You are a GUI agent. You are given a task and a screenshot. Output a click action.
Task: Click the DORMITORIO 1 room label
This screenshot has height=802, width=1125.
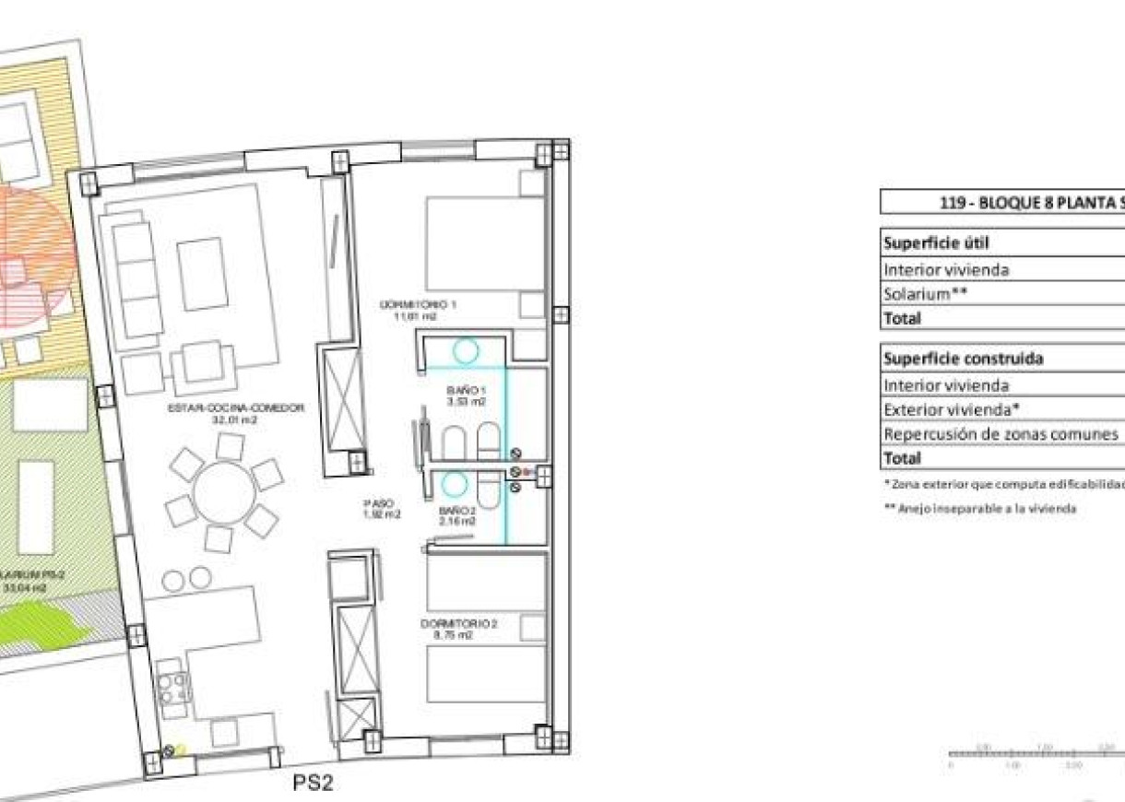(x=413, y=309)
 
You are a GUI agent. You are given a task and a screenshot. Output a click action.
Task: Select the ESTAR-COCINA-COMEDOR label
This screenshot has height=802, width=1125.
(x=235, y=411)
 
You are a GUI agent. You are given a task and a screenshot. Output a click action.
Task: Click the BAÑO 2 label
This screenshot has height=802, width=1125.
(x=458, y=514)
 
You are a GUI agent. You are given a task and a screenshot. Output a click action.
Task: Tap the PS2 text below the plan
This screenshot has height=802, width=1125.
(x=312, y=784)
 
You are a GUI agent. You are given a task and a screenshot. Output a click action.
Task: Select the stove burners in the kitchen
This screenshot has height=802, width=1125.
(x=173, y=687)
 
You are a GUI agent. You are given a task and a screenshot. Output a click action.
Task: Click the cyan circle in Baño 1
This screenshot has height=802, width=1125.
(x=465, y=350)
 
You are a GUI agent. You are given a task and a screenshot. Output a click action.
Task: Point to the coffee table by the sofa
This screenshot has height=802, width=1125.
(x=203, y=274)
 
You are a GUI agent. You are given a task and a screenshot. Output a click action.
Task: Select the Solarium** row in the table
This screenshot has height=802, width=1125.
(x=925, y=294)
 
